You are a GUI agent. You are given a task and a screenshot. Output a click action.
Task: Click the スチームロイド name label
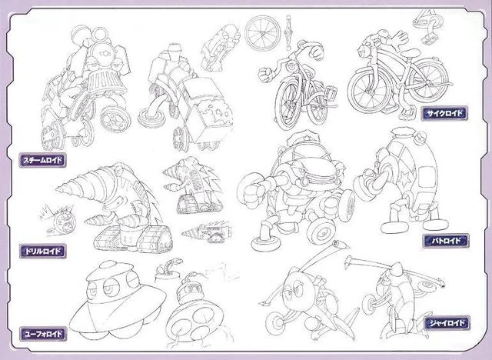click(x=43, y=160)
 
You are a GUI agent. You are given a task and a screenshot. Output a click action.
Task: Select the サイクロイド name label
click(x=445, y=113)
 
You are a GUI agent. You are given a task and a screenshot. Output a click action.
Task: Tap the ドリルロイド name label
click(x=43, y=251)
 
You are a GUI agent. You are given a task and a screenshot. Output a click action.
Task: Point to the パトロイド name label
click(x=446, y=241)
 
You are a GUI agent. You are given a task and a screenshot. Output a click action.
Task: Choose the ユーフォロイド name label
click(x=43, y=334)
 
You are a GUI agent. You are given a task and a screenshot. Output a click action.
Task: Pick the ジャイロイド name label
click(x=447, y=323)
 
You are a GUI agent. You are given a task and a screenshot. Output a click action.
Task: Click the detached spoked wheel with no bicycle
click(x=263, y=33)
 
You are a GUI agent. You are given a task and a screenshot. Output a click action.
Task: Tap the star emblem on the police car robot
click(x=405, y=178)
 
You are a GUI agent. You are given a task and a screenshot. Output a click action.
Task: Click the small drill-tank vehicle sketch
click(x=207, y=232)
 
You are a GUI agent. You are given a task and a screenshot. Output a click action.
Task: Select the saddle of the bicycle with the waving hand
click(x=411, y=52)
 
